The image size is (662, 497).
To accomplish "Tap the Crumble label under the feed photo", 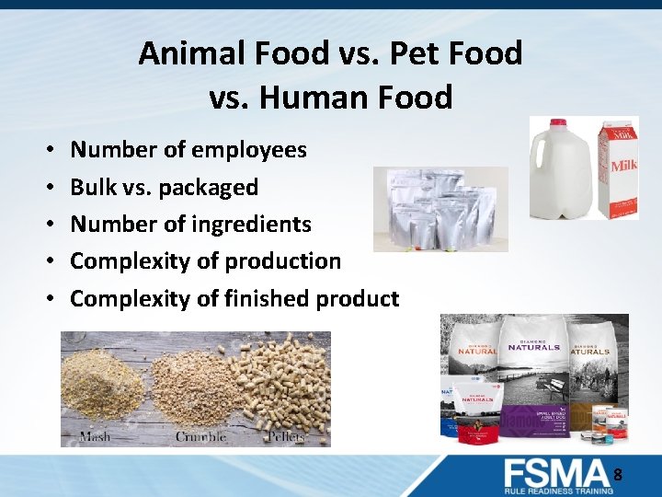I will (200, 435).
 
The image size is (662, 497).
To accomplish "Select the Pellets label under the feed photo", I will (288, 435).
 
